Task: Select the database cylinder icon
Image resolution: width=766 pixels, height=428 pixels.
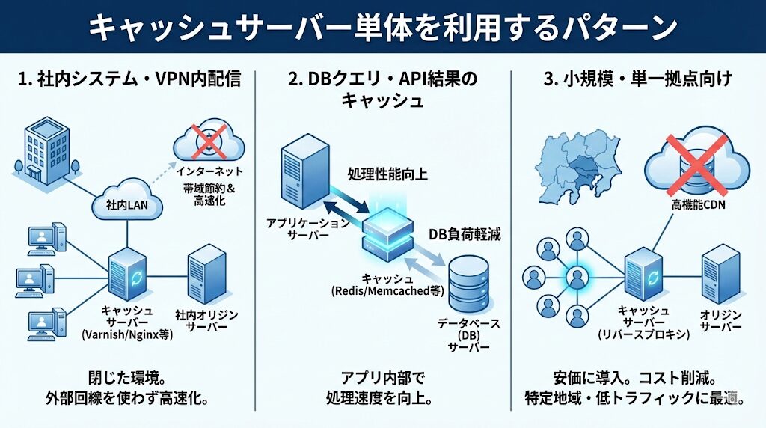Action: [467, 283]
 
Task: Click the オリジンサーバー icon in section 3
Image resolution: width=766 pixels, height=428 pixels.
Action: [720, 272]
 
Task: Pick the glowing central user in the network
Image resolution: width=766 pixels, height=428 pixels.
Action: [575, 276]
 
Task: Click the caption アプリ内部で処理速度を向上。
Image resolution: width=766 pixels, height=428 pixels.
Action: [384, 385]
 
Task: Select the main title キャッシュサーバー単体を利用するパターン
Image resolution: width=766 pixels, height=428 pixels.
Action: [383, 28]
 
